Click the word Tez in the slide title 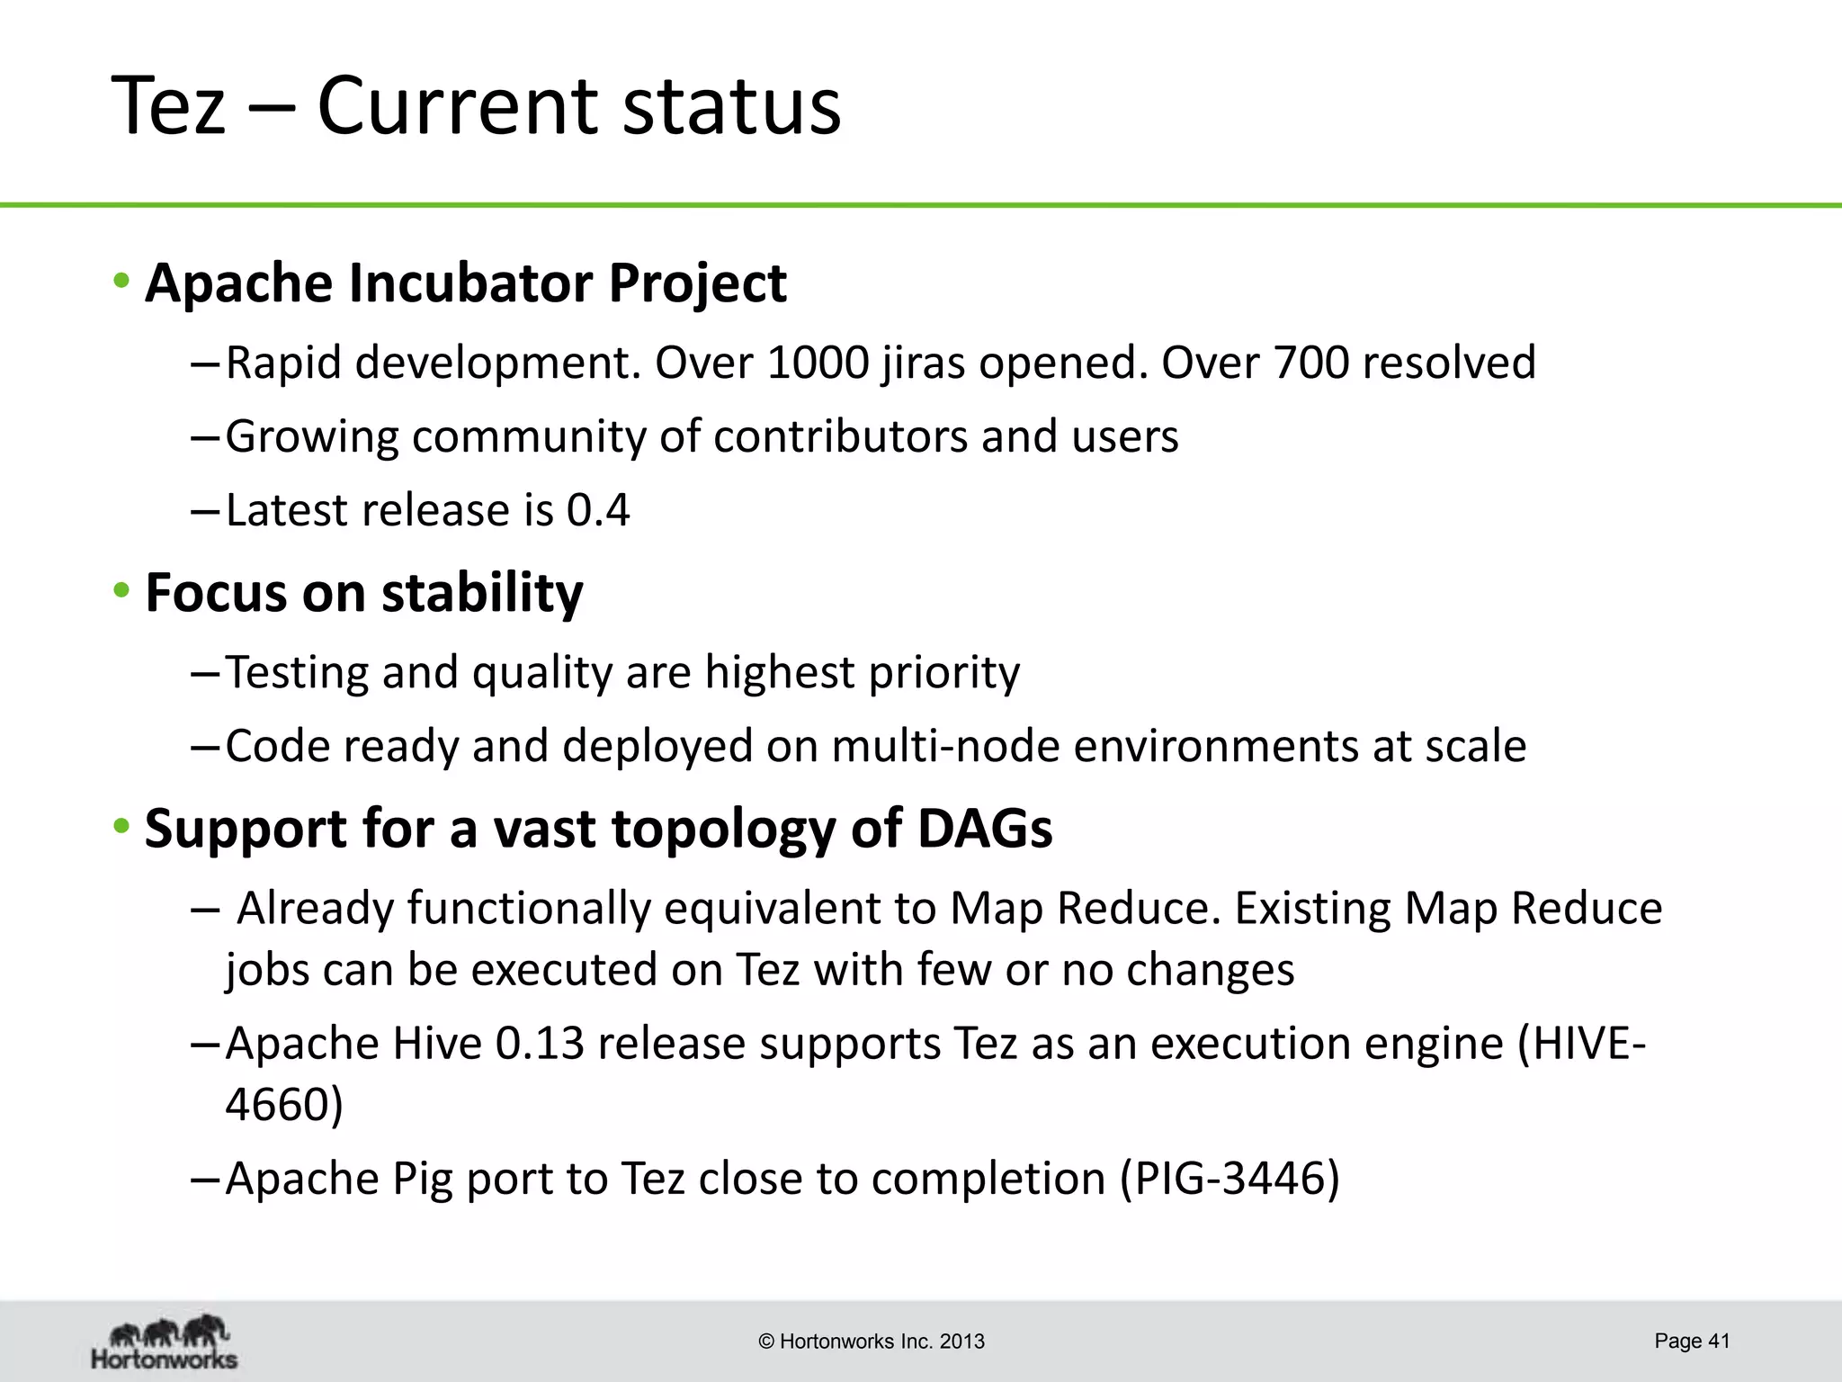(167, 106)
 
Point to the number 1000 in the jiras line (818, 363)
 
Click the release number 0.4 (598, 511)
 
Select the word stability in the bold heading (481, 593)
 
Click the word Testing (297, 673)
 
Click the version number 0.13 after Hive (540, 1045)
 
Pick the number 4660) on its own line (283, 1105)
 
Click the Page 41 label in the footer (1691, 1342)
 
